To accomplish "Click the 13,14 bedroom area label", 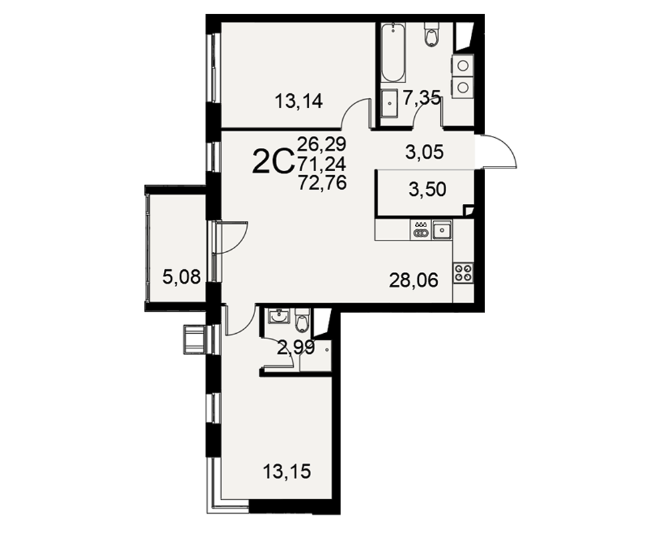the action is pos(299,101).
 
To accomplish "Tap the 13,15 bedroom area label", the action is pos(286,471).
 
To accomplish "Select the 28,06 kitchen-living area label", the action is pos(414,280).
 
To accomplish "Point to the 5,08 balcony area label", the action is pos(181,278).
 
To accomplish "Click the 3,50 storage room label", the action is pos(428,190).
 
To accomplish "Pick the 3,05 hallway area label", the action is pos(425,152).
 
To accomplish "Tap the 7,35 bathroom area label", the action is pos(421,98).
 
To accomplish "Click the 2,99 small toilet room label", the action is pos(296,348).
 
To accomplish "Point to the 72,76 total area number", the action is pos(322,183).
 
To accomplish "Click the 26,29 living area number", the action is pos(322,144).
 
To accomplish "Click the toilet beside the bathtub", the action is pos(431,33).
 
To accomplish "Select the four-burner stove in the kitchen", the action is pos(464,272).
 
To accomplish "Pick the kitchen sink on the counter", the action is pos(442,229).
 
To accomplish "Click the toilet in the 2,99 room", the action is pos(302,320).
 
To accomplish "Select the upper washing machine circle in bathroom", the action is pos(463,66).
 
